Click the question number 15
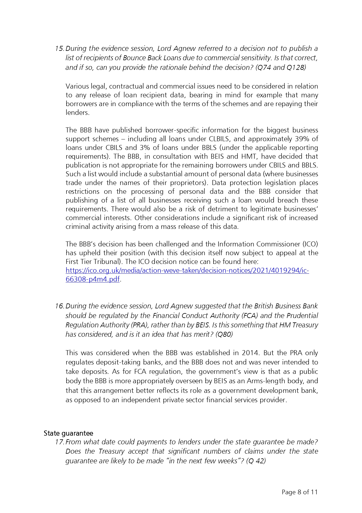coord(60,49)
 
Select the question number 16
coord(60,306)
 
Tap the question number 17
coord(60,442)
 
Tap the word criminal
coord(77,227)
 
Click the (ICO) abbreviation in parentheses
coord(310,244)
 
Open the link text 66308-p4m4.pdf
coord(92,279)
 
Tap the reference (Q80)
coord(224,334)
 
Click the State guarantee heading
coord(68,433)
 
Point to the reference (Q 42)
coord(256,461)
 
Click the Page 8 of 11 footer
coord(300,492)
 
